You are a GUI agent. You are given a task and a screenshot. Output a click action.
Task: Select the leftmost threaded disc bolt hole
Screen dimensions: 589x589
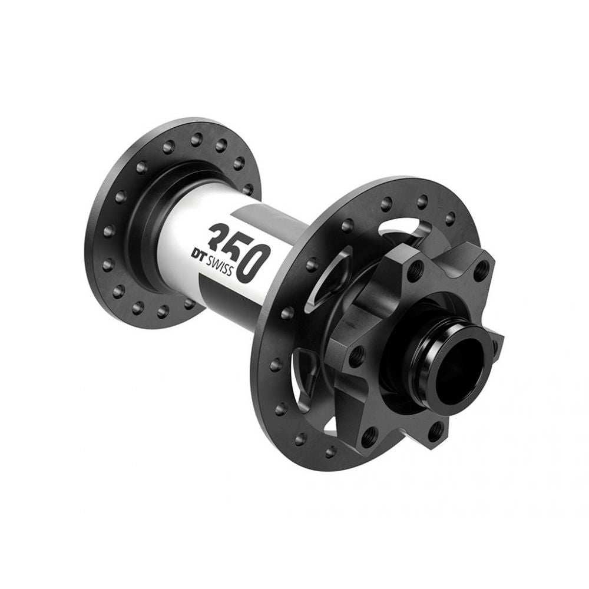click(355, 355)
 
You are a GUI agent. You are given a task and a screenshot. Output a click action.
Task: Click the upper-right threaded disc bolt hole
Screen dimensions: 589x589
click(482, 272)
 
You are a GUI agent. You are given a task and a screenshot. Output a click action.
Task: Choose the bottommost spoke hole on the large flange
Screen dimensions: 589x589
click(331, 451)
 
